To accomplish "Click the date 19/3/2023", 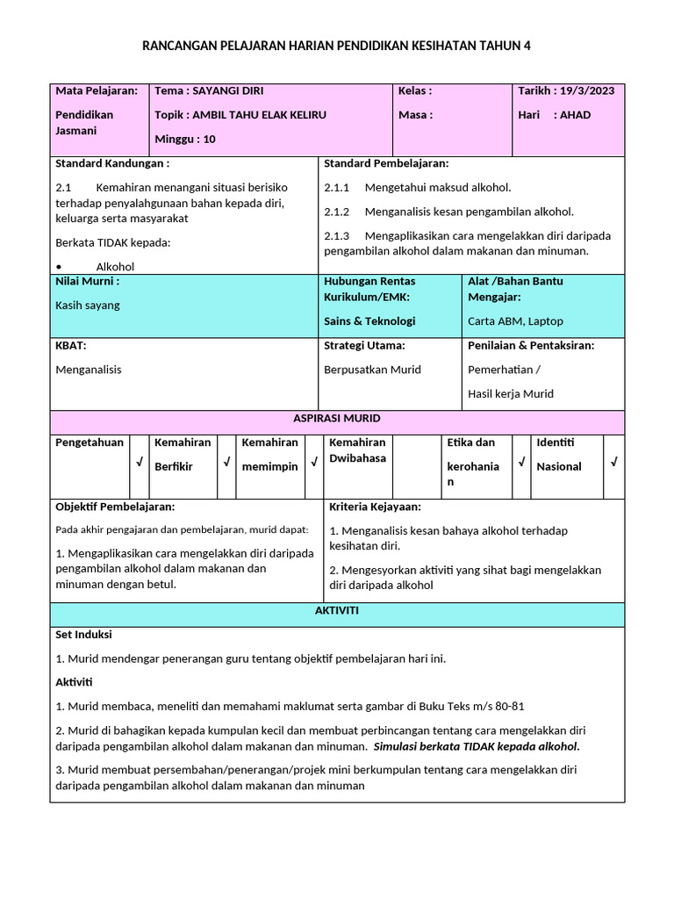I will (x=590, y=90).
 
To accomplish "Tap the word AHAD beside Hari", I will (x=575, y=115).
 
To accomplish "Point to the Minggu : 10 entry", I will (x=184, y=139).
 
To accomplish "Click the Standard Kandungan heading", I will (x=112, y=163).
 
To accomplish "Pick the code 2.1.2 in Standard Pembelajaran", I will (x=337, y=212).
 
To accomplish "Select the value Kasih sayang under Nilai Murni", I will (x=88, y=306).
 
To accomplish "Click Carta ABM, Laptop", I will (x=515, y=321).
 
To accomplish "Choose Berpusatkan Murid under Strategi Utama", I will (x=372, y=370).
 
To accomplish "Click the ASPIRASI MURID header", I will (x=337, y=419).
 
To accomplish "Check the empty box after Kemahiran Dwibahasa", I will (x=416, y=465).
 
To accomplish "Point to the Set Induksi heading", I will (x=83, y=635).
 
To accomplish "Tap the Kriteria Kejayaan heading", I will (x=375, y=507).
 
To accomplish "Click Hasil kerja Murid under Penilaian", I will (x=511, y=394).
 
